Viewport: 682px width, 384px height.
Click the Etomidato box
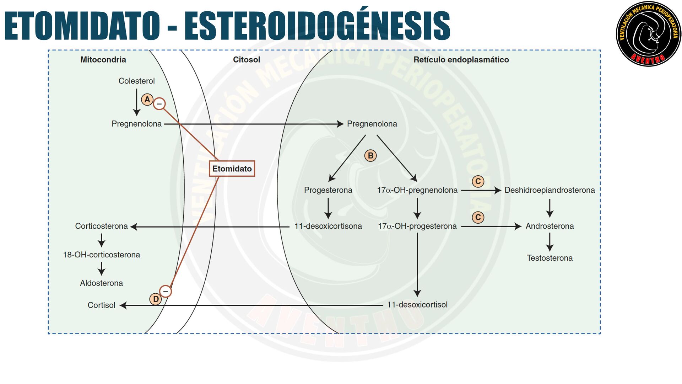(232, 169)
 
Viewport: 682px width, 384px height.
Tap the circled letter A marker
(147, 100)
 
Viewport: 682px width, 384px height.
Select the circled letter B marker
(370, 156)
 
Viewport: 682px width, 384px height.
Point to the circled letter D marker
(156, 299)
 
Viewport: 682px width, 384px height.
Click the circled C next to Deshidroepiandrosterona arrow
(478, 181)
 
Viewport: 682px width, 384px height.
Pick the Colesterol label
(136, 81)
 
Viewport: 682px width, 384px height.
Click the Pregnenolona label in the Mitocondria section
(136, 124)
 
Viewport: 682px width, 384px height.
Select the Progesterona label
(328, 190)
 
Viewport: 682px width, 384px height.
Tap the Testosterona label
(550, 258)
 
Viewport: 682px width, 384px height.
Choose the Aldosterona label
(101, 283)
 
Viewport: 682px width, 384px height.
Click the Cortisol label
(101, 305)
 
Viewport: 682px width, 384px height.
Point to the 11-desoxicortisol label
(417, 305)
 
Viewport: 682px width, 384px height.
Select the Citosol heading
(246, 60)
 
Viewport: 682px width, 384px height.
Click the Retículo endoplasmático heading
(461, 60)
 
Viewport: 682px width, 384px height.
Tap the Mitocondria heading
(103, 60)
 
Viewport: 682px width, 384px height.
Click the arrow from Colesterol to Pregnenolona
(136, 102)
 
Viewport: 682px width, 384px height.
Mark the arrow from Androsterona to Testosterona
(550, 242)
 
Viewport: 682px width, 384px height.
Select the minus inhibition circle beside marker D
(165, 291)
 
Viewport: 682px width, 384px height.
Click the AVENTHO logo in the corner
(648, 34)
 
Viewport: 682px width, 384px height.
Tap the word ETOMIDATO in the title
(82, 26)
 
